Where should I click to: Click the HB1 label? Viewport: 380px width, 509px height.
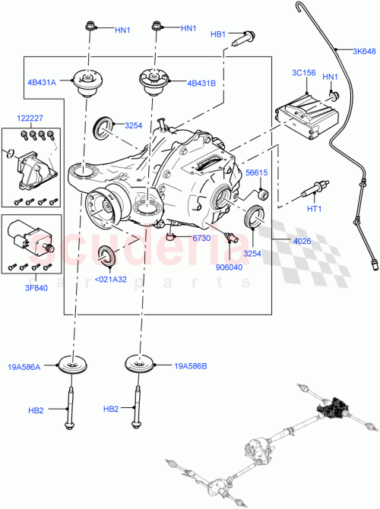(x=219, y=34)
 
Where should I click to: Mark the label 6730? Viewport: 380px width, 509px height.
(x=201, y=239)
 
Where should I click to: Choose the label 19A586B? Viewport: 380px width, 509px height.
(x=191, y=365)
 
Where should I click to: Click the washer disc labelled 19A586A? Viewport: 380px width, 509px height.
(x=76, y=365)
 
